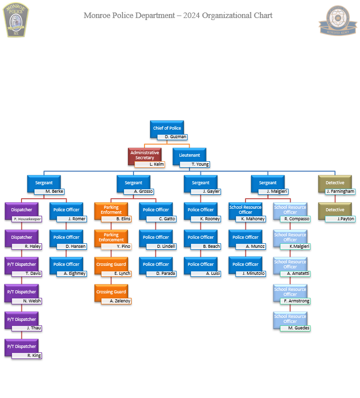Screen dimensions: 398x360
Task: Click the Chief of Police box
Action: [167, 128]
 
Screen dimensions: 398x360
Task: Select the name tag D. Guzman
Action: [172, 137]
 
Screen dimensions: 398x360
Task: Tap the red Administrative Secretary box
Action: [144, 155]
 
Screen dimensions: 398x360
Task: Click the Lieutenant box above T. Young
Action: [189, 155]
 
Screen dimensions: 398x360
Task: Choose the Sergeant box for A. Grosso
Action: [133, 183]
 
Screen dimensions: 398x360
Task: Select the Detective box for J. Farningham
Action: [334, 183]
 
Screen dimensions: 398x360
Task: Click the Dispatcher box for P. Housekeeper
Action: [21, 210]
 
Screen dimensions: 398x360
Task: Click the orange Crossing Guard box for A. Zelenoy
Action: [111, 292]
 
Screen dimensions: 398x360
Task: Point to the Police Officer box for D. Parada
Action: [155, 264]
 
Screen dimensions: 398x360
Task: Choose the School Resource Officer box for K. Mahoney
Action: [245, 209]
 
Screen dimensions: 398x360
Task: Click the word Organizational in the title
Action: [225, 15]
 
